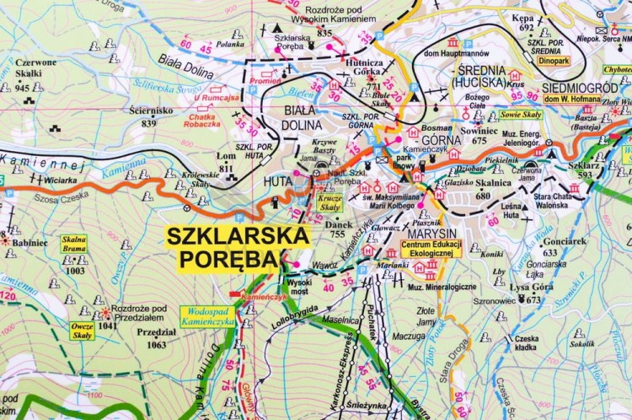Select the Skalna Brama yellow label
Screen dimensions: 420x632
(x=74, y=244)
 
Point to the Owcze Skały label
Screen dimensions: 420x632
(x=82, y=330)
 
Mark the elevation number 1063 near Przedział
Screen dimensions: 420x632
(x=156, y=344)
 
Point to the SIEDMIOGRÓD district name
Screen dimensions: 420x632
(x=579, y=87)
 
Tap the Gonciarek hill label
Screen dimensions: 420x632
(x=564, y=240)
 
